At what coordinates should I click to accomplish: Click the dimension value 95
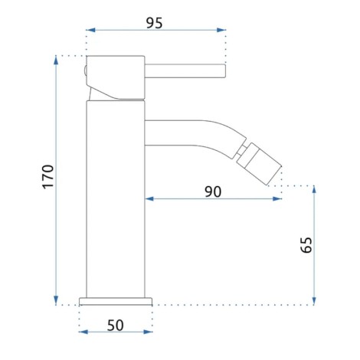coord(155,22)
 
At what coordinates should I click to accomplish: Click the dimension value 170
coord(47,177)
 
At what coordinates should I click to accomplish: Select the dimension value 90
coord(213,191)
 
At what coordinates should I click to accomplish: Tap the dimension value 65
coord(306,244)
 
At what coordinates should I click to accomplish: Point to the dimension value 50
coord(116,325)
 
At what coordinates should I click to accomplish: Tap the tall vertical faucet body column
coord(116,199)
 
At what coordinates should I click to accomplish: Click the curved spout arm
coord(191,131)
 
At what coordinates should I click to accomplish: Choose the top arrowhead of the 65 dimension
coord(315,189)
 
